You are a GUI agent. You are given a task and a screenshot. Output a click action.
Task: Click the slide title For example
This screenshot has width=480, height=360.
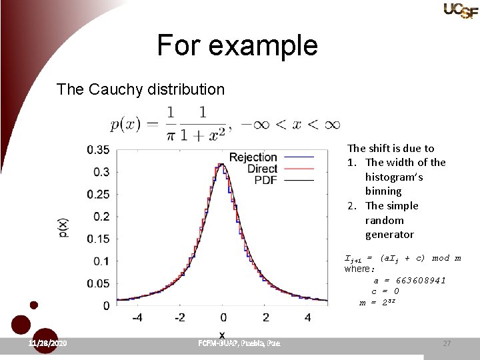(x=237, y=45)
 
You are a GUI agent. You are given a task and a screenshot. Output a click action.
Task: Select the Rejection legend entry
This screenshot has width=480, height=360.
(x=253, y=157)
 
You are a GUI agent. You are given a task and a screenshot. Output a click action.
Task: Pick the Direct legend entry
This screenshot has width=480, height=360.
(x=262, y=169)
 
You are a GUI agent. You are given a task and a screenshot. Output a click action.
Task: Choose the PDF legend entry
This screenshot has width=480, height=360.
(x=265, y=180)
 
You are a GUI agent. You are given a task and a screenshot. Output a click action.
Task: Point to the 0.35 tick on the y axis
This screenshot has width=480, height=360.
(x=99, y=149)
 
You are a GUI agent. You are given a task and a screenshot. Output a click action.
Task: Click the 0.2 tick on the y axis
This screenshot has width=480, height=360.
(x=101, y=217)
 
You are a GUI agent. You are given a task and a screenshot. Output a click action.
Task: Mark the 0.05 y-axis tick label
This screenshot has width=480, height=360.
(x=99, y=283)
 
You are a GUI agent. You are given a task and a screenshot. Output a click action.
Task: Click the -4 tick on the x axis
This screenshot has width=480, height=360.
(x=137, y=317)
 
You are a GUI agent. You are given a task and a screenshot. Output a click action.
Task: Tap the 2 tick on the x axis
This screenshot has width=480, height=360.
(x=265, y=317)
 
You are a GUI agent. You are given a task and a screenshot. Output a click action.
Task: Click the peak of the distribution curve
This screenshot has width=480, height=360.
(x=222, y=165)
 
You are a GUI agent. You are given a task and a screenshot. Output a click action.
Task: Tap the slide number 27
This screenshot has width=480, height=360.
(x=447, y=343)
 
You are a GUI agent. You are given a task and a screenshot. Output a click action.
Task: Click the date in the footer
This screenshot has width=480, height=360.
(x=47, y=343)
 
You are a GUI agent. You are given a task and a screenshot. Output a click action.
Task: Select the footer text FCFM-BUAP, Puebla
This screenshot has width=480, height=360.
(x=239, y=343)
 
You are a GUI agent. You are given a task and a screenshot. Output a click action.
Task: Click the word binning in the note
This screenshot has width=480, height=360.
(x=383, y=191)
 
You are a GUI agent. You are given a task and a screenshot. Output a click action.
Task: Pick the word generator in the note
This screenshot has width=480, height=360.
(x=389, y=235)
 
